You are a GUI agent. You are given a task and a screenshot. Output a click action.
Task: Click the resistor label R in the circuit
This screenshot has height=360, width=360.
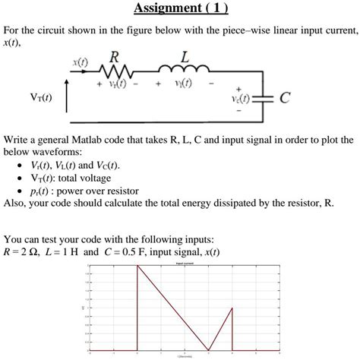point(114,57)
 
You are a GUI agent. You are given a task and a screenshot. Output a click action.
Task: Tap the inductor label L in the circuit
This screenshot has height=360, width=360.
point(186,57)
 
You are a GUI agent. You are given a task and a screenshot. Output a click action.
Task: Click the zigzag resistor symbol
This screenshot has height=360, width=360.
point(115,72)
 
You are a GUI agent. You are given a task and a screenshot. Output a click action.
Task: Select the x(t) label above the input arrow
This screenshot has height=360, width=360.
point(80,59)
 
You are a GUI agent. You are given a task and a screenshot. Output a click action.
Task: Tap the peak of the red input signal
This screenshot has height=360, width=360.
point(137,265)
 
